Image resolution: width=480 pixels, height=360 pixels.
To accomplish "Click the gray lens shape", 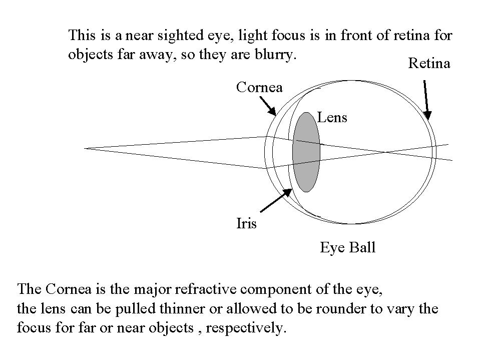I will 306,152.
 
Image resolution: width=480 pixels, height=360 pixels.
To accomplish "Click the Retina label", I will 429,64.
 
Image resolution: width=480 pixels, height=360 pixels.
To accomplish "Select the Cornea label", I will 259,88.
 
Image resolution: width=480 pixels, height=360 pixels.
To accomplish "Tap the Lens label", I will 332,118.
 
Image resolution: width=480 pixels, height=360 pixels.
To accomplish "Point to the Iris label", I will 246,223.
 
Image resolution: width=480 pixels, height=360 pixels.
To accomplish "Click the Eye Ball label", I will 347,247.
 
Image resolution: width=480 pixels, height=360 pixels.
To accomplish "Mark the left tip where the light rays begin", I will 86,148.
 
